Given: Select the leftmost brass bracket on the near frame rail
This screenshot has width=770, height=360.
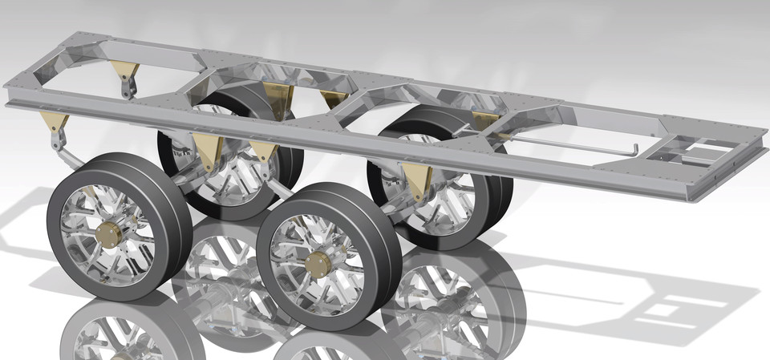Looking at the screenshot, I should (54, 123).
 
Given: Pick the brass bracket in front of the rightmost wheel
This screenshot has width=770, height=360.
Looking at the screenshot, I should (416, 179).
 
